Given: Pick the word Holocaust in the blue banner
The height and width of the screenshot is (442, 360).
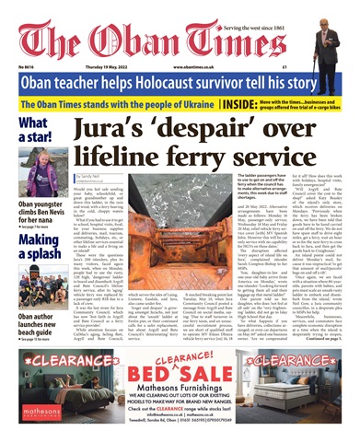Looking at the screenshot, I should tap(194, 83).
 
